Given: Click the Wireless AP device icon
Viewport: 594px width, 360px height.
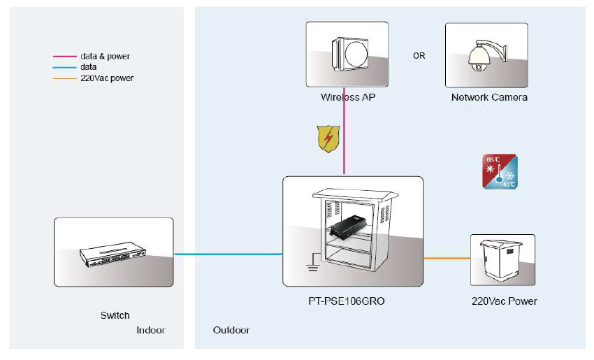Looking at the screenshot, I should coord(347,54).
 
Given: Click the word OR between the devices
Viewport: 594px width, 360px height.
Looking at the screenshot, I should coord(419,56).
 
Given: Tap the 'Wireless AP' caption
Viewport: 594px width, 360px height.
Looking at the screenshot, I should coord(347,97).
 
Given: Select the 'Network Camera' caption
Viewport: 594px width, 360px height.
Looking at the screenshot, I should coord(489,97).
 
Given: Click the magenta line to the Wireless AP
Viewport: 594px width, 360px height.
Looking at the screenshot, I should coord(345,140).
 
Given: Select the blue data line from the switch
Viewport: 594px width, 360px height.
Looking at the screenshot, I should coord(227,254).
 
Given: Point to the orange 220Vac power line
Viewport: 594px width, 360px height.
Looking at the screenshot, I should coord(447,258).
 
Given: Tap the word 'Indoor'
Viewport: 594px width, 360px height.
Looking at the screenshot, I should coord(151,330).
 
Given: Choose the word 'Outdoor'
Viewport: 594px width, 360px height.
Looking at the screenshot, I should coord(231,330).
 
